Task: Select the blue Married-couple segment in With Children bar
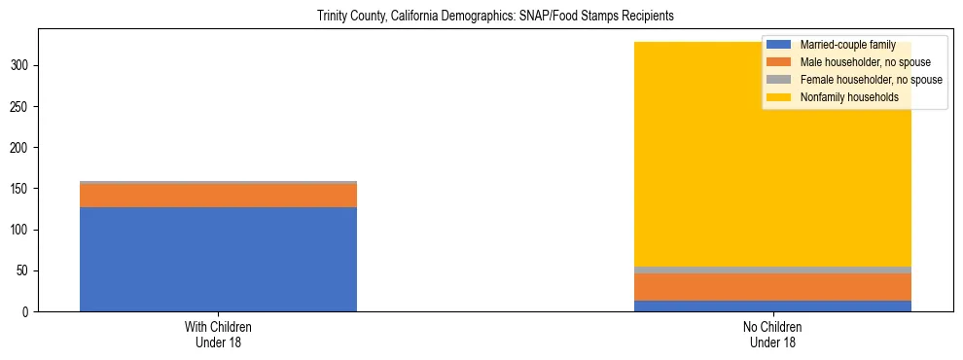tap(218, 259)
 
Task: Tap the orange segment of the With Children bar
tap(218, 196)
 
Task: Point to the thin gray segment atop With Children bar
tap(218, 183)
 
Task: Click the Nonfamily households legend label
tap(849, 97)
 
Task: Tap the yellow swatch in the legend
tap(779, 97)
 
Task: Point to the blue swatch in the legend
tap(779, 45)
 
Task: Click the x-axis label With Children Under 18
tap(218, 334)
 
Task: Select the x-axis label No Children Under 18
tap(772, 334)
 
